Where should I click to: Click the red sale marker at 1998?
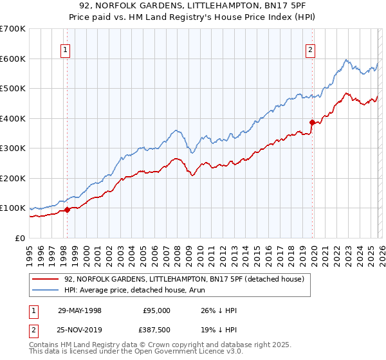point(67,210)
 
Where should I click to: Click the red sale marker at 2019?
point(312,122)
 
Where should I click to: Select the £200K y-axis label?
point(13,178)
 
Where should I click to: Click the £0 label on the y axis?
point(20,238)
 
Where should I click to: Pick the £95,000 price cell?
point(156,310)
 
